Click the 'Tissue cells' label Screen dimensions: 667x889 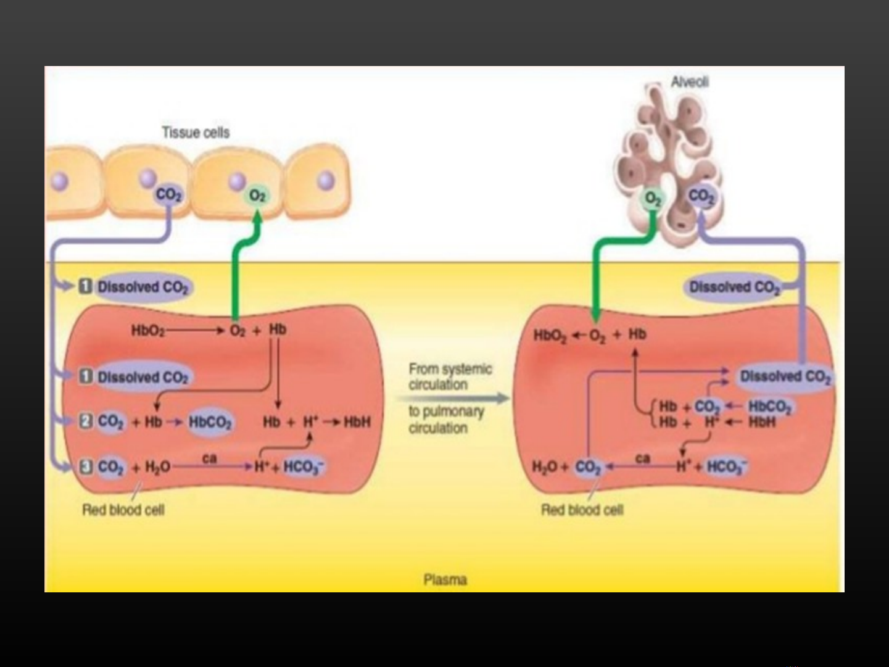pos(196,133)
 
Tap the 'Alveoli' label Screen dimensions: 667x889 pos(689,82)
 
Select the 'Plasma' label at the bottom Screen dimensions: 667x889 pos(445,579)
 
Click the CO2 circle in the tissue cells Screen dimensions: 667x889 pos(168,194)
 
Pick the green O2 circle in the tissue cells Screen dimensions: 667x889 pos(257,195)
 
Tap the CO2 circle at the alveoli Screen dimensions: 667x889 pos(701,196)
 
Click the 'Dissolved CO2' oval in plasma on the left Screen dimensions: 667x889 pos(143,287)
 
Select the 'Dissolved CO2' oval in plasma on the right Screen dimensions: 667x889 pos(734,288)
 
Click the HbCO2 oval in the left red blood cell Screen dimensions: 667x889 pos(210,422)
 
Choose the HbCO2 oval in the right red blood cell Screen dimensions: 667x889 pos(769,406)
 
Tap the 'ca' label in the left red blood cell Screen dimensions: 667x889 pos(210,458)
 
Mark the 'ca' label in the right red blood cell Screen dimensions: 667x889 pos(642,458)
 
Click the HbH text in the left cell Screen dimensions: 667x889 pos(357,422)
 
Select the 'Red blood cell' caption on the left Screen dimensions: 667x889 pos(123,510)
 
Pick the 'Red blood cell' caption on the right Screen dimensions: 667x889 pos(582,510)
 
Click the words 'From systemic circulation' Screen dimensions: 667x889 pos(450,376)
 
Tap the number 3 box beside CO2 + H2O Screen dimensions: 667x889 pos(86,466)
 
